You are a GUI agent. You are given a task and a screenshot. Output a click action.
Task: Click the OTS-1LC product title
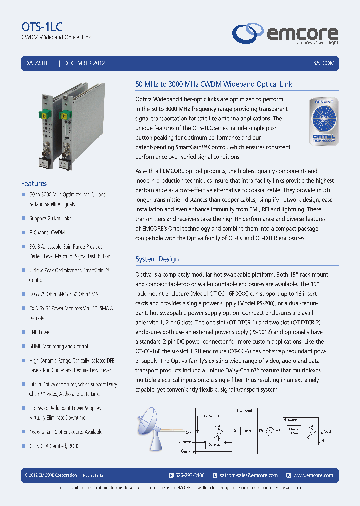point(42,27)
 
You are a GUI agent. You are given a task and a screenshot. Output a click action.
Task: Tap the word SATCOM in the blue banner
point(323,63)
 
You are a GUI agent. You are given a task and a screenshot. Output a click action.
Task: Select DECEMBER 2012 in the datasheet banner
point(84,63)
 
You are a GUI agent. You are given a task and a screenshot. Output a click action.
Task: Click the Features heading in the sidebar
point(34,184)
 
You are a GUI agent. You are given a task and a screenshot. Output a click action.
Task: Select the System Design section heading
point(157,259)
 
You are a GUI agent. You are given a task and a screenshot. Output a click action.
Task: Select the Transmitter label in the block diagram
point(247,410)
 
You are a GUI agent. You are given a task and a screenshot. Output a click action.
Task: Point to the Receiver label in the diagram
point(292,420)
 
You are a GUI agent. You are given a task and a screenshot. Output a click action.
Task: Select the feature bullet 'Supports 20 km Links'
point(50,218)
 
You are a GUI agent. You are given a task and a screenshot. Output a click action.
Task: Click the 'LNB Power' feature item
point(40,332)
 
